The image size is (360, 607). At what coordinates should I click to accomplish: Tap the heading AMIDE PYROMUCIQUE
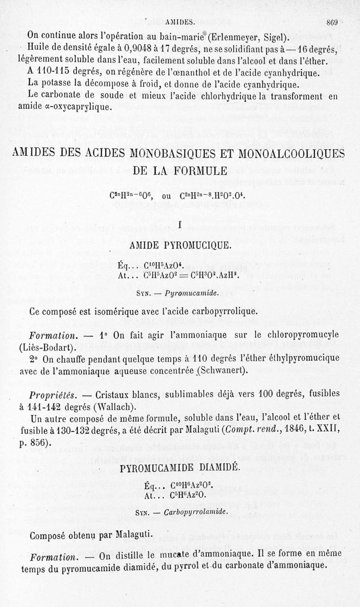click(x=180, y=245)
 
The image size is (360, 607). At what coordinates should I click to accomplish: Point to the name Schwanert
click(x=222, y=371)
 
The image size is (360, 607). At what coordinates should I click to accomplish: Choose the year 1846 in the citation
click(x=281, y=431)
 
